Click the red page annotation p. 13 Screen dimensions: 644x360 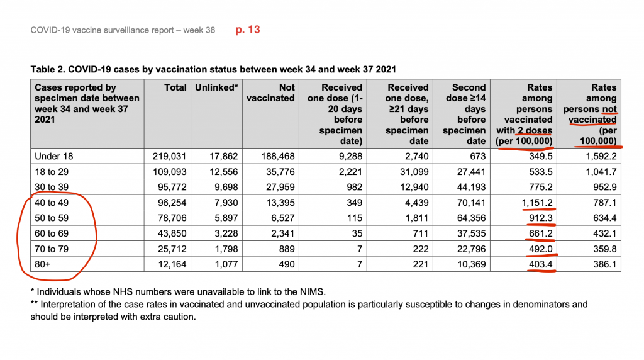248,30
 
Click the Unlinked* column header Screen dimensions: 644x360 216,87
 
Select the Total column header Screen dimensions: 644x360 175,87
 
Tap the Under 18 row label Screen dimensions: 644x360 54,156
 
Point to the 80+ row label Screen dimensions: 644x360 43,264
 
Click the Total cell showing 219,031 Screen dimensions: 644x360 169,156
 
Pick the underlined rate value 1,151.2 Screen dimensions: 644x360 537,203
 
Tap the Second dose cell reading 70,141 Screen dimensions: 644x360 472,203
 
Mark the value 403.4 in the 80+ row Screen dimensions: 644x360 540,264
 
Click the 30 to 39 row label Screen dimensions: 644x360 52,187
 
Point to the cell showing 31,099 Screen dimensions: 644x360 414,172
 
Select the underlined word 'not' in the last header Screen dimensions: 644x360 609,109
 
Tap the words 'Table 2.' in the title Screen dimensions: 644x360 48,69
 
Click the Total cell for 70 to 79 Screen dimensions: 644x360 172,249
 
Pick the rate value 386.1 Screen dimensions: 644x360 604,264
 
